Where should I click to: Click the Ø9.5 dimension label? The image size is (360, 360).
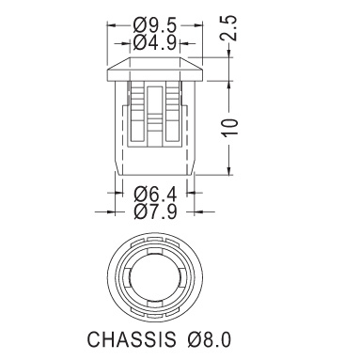[155, 25]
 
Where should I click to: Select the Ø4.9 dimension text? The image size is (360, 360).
[155, 43]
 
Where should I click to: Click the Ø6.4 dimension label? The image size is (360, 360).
[155, 195]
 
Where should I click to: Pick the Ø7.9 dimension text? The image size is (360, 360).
[155, 211]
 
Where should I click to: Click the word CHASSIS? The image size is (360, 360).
[132, 338]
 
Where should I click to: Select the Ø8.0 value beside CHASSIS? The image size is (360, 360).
[210, 339]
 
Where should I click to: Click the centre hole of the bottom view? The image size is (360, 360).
[154, 278]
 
